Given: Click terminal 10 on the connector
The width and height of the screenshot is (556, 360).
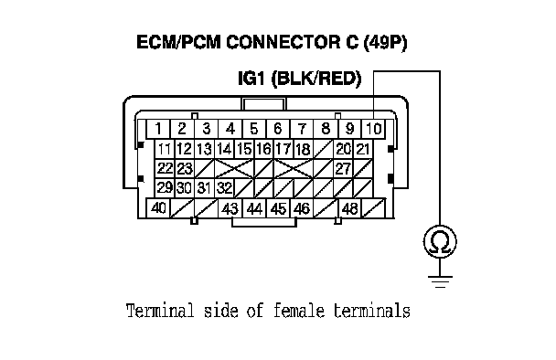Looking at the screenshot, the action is (x=373, y=129).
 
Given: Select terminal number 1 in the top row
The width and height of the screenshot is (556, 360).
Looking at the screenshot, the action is (x=158, y=129).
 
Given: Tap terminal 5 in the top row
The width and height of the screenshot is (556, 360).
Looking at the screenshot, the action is (x=254, y=129).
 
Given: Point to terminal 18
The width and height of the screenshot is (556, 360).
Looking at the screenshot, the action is (x=303, y=149).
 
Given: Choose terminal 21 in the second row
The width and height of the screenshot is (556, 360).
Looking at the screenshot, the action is (x=363, y=149).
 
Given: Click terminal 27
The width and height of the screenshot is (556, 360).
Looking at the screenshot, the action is (x=343, y=169).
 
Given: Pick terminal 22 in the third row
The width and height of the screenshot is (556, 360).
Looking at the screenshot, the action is (x=165, y=169).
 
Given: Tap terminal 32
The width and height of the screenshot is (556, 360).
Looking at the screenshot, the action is (x=224, y=188).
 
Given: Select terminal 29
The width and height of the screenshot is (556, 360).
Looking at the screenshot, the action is (x=165, y=188).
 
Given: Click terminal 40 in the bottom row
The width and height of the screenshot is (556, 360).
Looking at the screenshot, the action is (x=158, y=208).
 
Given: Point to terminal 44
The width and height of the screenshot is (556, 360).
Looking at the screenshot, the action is (x=254, y=208).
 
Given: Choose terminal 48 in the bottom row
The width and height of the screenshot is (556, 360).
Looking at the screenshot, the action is (x=349, y=208).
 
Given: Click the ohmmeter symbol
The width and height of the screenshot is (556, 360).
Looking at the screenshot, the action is (x=440, y=241).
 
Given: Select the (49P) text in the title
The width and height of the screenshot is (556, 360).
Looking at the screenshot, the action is (x=385, y=43).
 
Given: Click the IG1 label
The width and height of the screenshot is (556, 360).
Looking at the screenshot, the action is (x=251, y=79).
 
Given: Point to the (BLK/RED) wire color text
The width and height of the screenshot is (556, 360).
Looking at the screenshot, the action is (x=316, y=79).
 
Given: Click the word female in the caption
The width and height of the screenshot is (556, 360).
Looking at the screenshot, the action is (x=299, y=311).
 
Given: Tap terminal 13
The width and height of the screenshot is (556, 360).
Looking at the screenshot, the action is (x=204, y=149).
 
